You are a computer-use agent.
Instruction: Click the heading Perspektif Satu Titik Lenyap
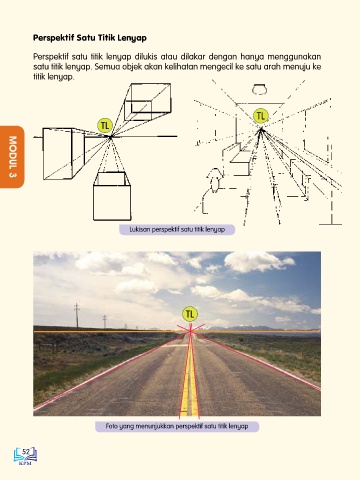pos(90,38)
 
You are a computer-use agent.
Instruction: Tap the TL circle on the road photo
pos(190,314)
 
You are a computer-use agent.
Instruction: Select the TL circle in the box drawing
pos(105,126)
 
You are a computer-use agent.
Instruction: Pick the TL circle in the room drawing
pos(261,116)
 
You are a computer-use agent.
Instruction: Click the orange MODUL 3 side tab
pos(12,157)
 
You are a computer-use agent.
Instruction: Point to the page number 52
pos(26,452)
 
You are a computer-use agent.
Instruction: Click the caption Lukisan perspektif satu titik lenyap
pos(177,230)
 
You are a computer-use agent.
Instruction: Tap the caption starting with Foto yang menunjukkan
pos(177,426)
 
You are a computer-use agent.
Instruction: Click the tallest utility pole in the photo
pos(77,315)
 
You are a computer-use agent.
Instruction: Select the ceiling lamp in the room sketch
pos(259,90)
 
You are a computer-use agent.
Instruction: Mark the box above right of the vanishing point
pos(148,102)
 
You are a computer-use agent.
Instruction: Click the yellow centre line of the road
pos(189,377)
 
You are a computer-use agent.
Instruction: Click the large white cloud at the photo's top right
pos(259,261)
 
